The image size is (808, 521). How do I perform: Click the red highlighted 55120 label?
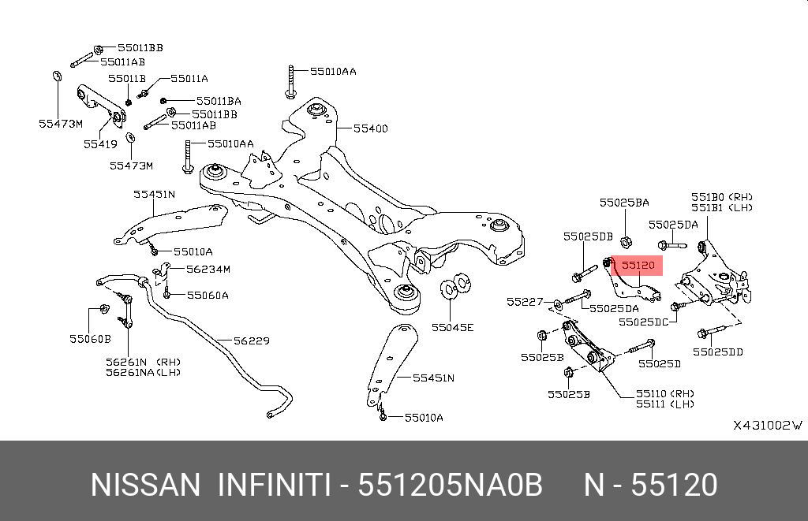[x=638, y=266]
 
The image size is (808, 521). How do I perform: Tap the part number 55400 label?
[x=371, y=128]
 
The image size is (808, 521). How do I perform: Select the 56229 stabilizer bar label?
[x=252, y=341]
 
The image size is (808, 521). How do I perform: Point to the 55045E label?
[x=452, y=327]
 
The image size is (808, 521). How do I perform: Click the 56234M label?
[x=208, y=269]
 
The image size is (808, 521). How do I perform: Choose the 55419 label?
[x=100, y=145]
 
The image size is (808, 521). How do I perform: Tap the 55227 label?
[x=525, y=302]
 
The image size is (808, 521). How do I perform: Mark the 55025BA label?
[x=624, y=203]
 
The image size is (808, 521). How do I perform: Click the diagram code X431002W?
[x=768, y=426]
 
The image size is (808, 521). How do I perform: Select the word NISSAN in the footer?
[x=145, y=485]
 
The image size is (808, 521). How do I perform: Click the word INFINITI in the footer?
[x=274, y=485]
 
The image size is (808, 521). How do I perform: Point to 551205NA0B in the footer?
[x=451, y=485]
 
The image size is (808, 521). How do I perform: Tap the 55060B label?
[x=90, y=339]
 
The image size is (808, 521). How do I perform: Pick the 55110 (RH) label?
[x=664, y=394]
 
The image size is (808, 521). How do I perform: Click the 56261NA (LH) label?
[x=144, y=372]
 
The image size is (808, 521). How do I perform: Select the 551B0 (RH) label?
[x=721, y=197]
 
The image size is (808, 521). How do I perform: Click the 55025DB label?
[x=588, y=236]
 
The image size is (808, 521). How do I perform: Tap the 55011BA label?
[x=219, y=101]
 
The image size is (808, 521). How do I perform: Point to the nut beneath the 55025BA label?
[x=626, y=241]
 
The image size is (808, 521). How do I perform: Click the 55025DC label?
[x=643, y=322]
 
